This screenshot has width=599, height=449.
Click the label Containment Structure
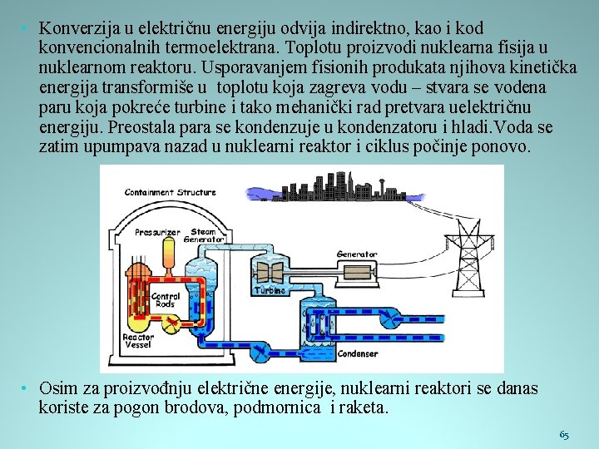coord(170,192)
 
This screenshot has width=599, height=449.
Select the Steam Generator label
coord(207,235)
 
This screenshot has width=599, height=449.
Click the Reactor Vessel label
coord(138,342)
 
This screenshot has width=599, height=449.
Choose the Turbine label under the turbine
coord(270,291)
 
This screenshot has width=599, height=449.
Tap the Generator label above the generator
coord(357,254)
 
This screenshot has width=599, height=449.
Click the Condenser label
coord(358,353)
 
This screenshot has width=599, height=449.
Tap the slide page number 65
coord(564,435)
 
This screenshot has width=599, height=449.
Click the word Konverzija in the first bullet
coord(75,29)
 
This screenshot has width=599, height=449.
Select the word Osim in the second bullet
coord(57,388)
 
